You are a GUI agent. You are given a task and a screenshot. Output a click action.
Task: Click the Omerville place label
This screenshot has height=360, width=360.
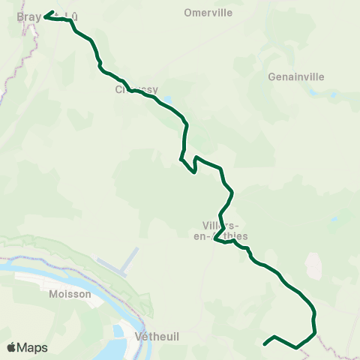[x=208, y=13]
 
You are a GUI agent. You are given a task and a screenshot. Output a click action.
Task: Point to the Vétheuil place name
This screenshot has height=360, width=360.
[x=157, y=336]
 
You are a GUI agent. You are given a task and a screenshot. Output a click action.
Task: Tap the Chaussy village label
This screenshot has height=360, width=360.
[x=137, y=89]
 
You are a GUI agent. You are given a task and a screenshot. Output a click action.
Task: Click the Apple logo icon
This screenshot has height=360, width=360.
[x=11, y=347]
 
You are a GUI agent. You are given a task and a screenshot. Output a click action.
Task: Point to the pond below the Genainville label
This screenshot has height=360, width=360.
[x=310, y=93]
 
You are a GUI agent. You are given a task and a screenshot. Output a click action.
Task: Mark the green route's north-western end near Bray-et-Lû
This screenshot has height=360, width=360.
[x=45, y=16]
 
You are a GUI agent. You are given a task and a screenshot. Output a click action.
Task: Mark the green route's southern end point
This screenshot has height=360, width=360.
[x=265, y=344]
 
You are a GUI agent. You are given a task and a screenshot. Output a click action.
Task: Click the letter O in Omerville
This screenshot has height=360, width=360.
[x=188, y=13]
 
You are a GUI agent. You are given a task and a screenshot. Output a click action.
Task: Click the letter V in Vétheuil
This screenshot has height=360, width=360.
[x=137, y=336]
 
